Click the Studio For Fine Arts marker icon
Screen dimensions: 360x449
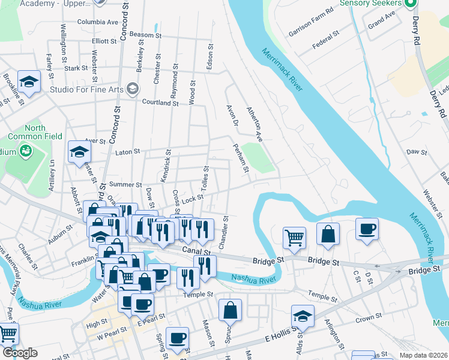click(x=133, y=90)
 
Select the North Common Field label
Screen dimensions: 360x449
click(x=43, y=132)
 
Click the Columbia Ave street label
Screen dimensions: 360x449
click(x=98, y=22)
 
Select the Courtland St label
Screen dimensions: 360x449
click(x=160, y=103)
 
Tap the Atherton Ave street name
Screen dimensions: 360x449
click(x=254, y=124)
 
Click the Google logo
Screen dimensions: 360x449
click(x=20, y=353)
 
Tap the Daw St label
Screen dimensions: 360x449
click(x=416, y=152)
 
